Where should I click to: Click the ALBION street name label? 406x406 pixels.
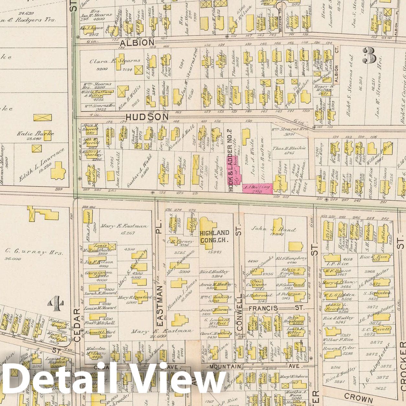[137, 43]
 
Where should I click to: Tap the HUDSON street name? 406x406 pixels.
[147, 117]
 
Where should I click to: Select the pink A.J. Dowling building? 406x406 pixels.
[257, 188]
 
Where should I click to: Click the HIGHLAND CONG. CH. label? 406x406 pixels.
[214, 236]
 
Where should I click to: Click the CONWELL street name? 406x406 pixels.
[240, 312]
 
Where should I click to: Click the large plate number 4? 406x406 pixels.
[54, 303]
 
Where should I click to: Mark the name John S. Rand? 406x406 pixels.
[274, 229]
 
